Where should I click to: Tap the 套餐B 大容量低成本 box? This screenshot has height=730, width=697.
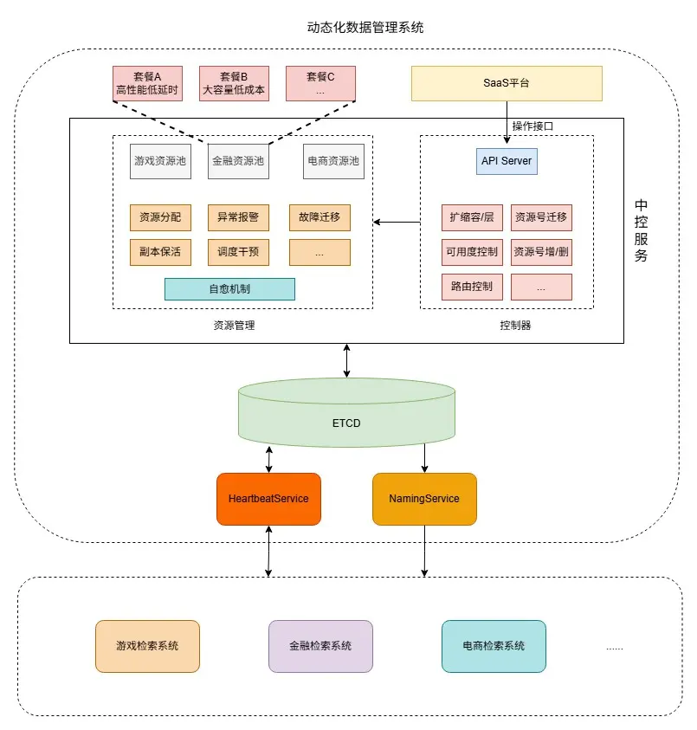[x=234, y=82]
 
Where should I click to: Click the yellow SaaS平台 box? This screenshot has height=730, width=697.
[x=506, y=83]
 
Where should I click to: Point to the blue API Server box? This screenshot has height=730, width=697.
[x=507, y=161]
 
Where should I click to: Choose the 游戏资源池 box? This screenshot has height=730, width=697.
[x=160, y=161]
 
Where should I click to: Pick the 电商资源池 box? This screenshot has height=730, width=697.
[x=333, y=161]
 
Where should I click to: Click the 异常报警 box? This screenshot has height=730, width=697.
[x=238, y=217]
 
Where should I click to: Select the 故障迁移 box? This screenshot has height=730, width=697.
[x=319, y=217]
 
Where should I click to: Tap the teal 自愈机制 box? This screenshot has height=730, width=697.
[x=229, y=289]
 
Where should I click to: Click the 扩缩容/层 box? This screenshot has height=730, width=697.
[x=472, y=217]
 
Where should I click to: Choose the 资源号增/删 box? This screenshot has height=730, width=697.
[x=541, y=252]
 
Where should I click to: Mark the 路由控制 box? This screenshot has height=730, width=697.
[x=472, y=287]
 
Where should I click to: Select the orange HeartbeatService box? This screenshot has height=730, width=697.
[x=268, y=499]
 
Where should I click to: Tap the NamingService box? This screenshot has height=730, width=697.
[x=424, y=499]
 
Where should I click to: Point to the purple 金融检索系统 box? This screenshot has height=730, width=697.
[x=320, y=646]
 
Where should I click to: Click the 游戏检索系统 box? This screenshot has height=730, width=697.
[x=147, y=646]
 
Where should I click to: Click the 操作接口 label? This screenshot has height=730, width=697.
[x=532, y=126]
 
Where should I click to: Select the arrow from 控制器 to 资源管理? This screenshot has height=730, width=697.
[x=397, y=223]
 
